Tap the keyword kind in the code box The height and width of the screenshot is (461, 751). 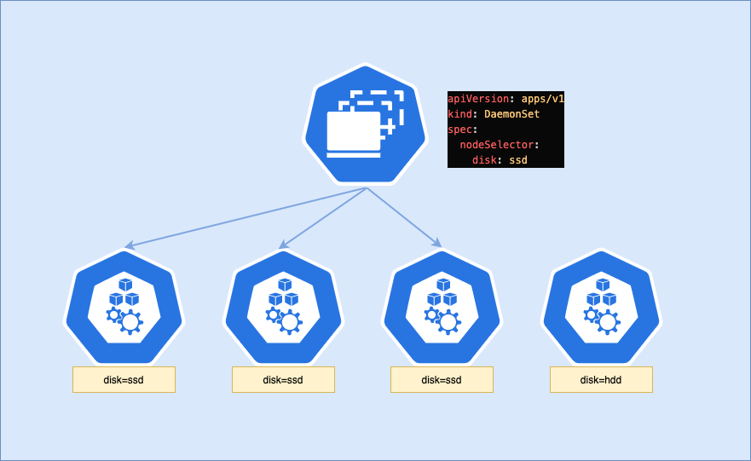[x=459, y=114]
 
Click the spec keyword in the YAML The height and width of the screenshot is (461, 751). [x=459, y=130]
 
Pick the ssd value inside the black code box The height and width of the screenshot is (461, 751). [x=518, y=160]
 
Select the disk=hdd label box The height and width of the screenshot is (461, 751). [x=601, y=380]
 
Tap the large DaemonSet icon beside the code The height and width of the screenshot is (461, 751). [x=365, y=124]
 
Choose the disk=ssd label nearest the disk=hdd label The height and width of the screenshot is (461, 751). [x=442, y=380]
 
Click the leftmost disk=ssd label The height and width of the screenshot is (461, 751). [x=124, y=380]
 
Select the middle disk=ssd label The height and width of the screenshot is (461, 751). [x=283, y=380]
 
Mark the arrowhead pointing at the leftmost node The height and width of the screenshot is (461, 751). [x=127, y=246]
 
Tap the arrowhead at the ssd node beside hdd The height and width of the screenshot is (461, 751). [x=438, y=245]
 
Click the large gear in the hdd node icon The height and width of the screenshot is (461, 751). [x=609, y=321]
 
